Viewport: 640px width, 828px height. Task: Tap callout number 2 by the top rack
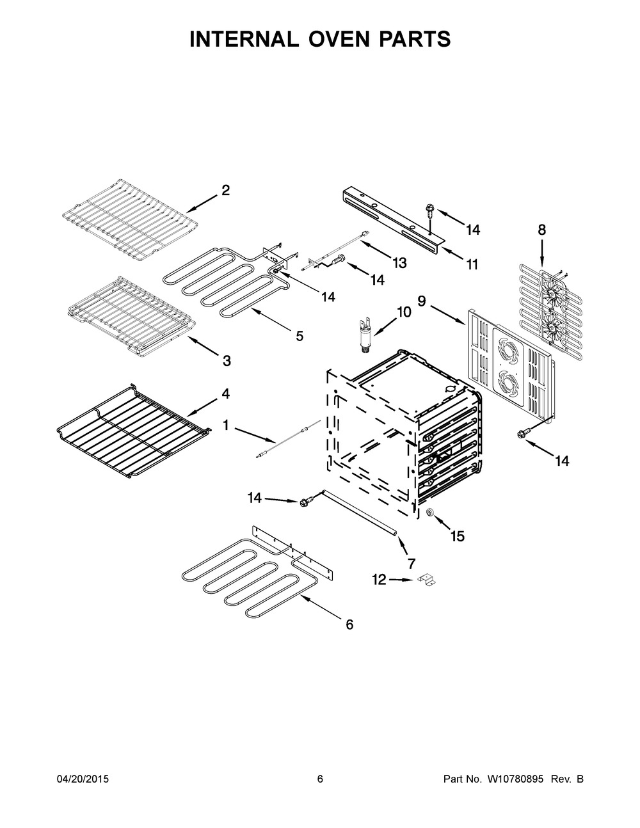pos(226,190)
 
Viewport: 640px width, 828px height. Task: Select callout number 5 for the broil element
pos(300,336)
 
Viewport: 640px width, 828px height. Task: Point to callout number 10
pos(404,312)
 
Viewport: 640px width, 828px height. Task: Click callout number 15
pos(458,536)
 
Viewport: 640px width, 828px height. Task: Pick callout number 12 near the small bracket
pos(379,580)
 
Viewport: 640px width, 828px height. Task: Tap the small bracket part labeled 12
pos(427,580)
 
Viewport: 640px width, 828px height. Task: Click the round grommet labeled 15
pos(431,513)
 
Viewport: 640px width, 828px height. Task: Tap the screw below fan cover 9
pos(521,433)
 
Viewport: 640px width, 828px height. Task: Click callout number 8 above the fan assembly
pos(541,230)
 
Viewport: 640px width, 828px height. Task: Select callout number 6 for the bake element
pos(349,625)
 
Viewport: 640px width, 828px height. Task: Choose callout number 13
pos(399,262)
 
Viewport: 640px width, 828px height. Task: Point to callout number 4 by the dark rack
pos(226,394)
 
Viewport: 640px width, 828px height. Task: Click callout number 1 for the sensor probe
pos(226,425)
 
